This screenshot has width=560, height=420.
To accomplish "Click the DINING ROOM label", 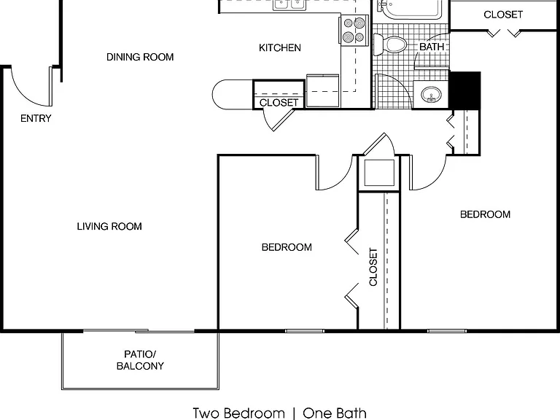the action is (x=140, y=57).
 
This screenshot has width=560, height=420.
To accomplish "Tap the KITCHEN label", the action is (x=280, y=47).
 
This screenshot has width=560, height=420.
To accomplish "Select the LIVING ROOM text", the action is (x=109, y=226).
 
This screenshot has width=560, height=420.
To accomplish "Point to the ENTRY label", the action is (x=36, y=118).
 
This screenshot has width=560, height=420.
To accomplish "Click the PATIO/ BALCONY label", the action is (x=140, y=360).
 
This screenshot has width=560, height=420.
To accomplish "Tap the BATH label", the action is (x=432, y=47).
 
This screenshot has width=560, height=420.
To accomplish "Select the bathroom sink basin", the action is (x=431, y=95).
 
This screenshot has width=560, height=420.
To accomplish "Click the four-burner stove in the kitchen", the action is (x=354, y=31).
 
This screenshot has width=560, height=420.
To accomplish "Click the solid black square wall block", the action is (x=464, y=90).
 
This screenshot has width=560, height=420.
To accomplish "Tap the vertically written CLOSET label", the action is (x=373, y=267).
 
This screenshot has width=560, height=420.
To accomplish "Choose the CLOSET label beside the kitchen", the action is (x=279, y=103).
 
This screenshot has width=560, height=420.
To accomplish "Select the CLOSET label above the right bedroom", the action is (x=503, y=15).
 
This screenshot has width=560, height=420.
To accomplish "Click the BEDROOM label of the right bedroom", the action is (x=485, y=214).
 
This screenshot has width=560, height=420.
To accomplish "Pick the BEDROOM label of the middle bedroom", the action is (x=287, y=247).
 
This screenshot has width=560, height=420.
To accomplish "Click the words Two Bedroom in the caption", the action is (x=239, y=413).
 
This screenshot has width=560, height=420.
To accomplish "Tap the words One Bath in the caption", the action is (x=335, y=413).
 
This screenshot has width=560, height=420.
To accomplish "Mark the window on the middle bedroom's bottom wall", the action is (x=305, y=331).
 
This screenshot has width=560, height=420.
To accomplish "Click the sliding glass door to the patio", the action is (x=139, y=331).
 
